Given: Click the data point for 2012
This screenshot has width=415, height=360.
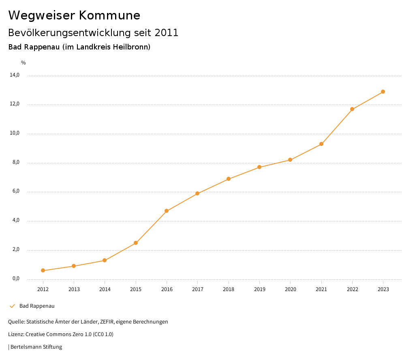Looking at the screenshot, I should tap(43, 270).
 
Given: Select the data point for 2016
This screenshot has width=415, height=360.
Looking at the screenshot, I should tap(167, 211).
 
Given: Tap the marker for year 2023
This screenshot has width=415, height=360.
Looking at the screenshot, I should tap(383, 92).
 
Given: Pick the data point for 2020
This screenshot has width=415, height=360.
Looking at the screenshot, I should tap(290, 160).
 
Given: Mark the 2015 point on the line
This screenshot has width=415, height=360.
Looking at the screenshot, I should tap(136, 243).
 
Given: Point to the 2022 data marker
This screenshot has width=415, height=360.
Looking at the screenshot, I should tap(352, 109).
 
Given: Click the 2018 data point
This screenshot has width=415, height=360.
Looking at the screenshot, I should tap(229, 179).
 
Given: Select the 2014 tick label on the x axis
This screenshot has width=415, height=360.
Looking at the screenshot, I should tap(105, 289).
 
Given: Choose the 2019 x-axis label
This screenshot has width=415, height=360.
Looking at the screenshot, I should tap(259, 289).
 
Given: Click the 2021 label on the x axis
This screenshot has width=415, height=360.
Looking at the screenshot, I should tap(321, 289).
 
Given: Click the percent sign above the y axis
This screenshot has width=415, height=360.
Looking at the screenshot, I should tap(24, 63).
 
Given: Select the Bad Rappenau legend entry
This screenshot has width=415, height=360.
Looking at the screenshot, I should tap(36, 306).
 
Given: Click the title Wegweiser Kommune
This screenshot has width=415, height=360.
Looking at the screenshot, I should tap(74, 15).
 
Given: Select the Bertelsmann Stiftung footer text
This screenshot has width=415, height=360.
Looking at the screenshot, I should tap(36, 347).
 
